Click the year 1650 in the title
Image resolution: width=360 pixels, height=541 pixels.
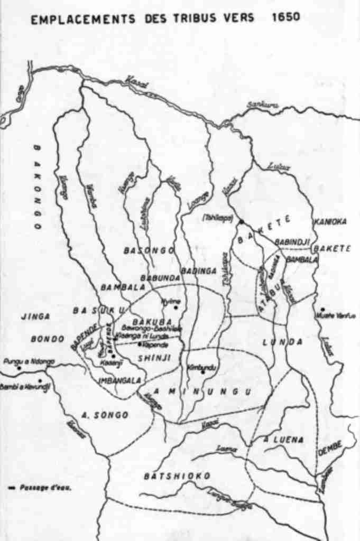(285, 17)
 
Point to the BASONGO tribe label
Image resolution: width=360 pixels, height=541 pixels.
(149, 250)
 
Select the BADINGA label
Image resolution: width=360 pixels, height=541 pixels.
(199, 271)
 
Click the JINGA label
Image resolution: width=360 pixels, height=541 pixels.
(35, 317)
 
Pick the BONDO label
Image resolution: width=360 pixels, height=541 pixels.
(48, 339)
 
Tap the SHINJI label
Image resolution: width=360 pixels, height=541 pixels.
(154, 358)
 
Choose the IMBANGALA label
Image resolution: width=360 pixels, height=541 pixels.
(120, 380)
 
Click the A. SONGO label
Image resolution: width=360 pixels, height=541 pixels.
(105, 415)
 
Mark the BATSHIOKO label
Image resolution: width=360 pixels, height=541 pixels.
(177, 476)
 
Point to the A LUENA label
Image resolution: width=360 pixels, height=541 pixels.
(283, 440)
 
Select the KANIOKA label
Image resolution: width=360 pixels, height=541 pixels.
(331, 221)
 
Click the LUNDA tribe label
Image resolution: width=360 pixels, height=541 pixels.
(282, 342)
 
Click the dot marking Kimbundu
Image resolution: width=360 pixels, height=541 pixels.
(203, 372)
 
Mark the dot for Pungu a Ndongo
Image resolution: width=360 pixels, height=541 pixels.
(19, 368)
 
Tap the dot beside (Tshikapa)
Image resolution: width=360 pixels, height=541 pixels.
(241, 222)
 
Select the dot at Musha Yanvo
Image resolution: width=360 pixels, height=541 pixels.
(322, 309)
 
